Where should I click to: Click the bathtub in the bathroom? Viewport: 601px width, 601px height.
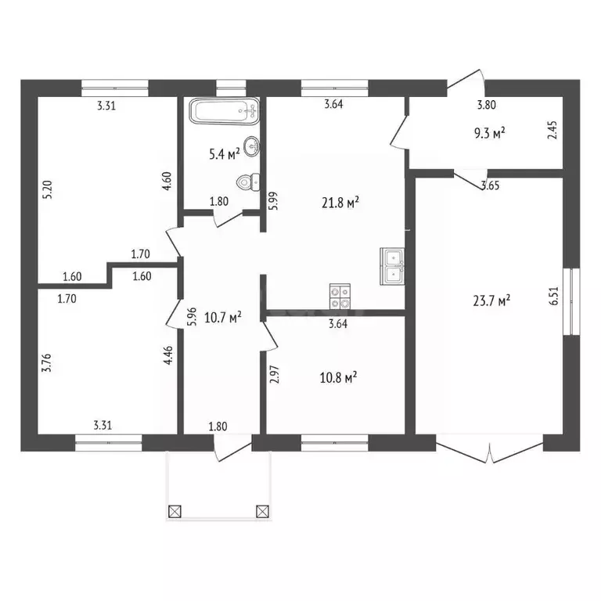coord(225,111)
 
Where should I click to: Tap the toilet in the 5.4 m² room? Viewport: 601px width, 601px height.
coord(248,182)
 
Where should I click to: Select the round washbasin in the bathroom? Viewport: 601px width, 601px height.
coord(251,146)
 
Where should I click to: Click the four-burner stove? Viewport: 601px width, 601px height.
coord(340,297)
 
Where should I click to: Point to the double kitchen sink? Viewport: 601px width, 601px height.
coord(392,266)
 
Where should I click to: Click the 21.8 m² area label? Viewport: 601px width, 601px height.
coord(340,203)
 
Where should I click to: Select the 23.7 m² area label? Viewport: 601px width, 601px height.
coord(491,300)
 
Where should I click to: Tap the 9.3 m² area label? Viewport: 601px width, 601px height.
coord(489,133)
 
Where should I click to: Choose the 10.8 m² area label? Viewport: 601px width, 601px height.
coord(338,378)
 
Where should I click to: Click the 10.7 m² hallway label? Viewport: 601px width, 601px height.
coord(223,318)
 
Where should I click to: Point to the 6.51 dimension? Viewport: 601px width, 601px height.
coord(554,296)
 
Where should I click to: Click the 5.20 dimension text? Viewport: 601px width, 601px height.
coord(48,189)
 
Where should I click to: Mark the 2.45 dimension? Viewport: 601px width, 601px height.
coord(552,130)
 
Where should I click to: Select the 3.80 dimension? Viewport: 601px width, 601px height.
coord(487,105)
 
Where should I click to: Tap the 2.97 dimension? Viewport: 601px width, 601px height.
coord(274,375)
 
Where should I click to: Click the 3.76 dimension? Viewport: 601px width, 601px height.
coord(46,362)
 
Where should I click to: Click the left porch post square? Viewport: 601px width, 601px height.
coord(175,511)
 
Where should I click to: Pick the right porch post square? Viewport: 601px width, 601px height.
coord(262,511)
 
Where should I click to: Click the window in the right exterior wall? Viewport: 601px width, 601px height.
coord(571,301)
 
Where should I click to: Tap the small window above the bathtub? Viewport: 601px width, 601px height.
coord(231,88)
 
